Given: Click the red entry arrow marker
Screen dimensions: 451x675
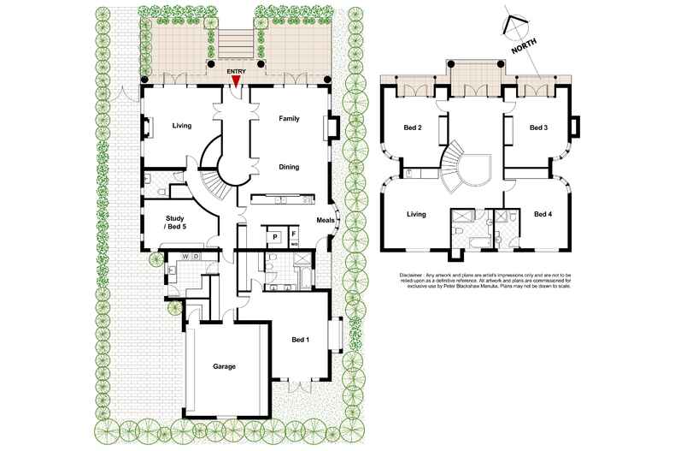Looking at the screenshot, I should [235, 80].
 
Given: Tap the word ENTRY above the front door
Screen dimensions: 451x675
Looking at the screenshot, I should [235, 71].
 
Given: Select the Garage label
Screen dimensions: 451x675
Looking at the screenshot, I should [224, 366].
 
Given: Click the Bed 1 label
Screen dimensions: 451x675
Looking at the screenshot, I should [302, 340].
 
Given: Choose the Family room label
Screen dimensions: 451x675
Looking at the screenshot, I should [289, 118].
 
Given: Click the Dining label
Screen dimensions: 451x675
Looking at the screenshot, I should [288, 167].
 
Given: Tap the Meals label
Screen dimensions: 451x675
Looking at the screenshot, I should [326, 220].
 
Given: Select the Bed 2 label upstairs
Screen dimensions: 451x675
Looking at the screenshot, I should [413, 128].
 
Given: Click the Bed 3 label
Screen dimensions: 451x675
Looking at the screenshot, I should [538, 128].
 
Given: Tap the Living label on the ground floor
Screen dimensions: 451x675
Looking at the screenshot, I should [182, 126].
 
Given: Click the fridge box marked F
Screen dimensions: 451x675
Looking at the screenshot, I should [293, 234].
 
